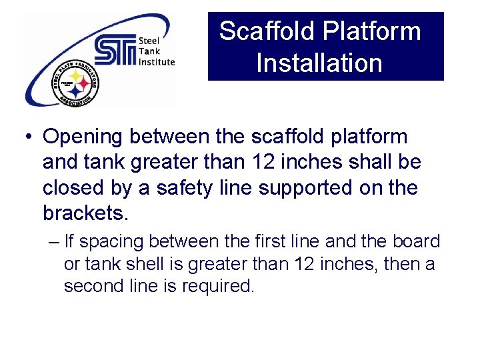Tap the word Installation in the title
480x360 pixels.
tap(319, 63)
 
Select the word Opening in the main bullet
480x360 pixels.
tap(83, 137)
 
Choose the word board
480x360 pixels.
tap(413, 241)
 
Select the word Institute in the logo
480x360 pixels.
tap(157, 62)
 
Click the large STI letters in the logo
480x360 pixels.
tap(115, 50)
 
